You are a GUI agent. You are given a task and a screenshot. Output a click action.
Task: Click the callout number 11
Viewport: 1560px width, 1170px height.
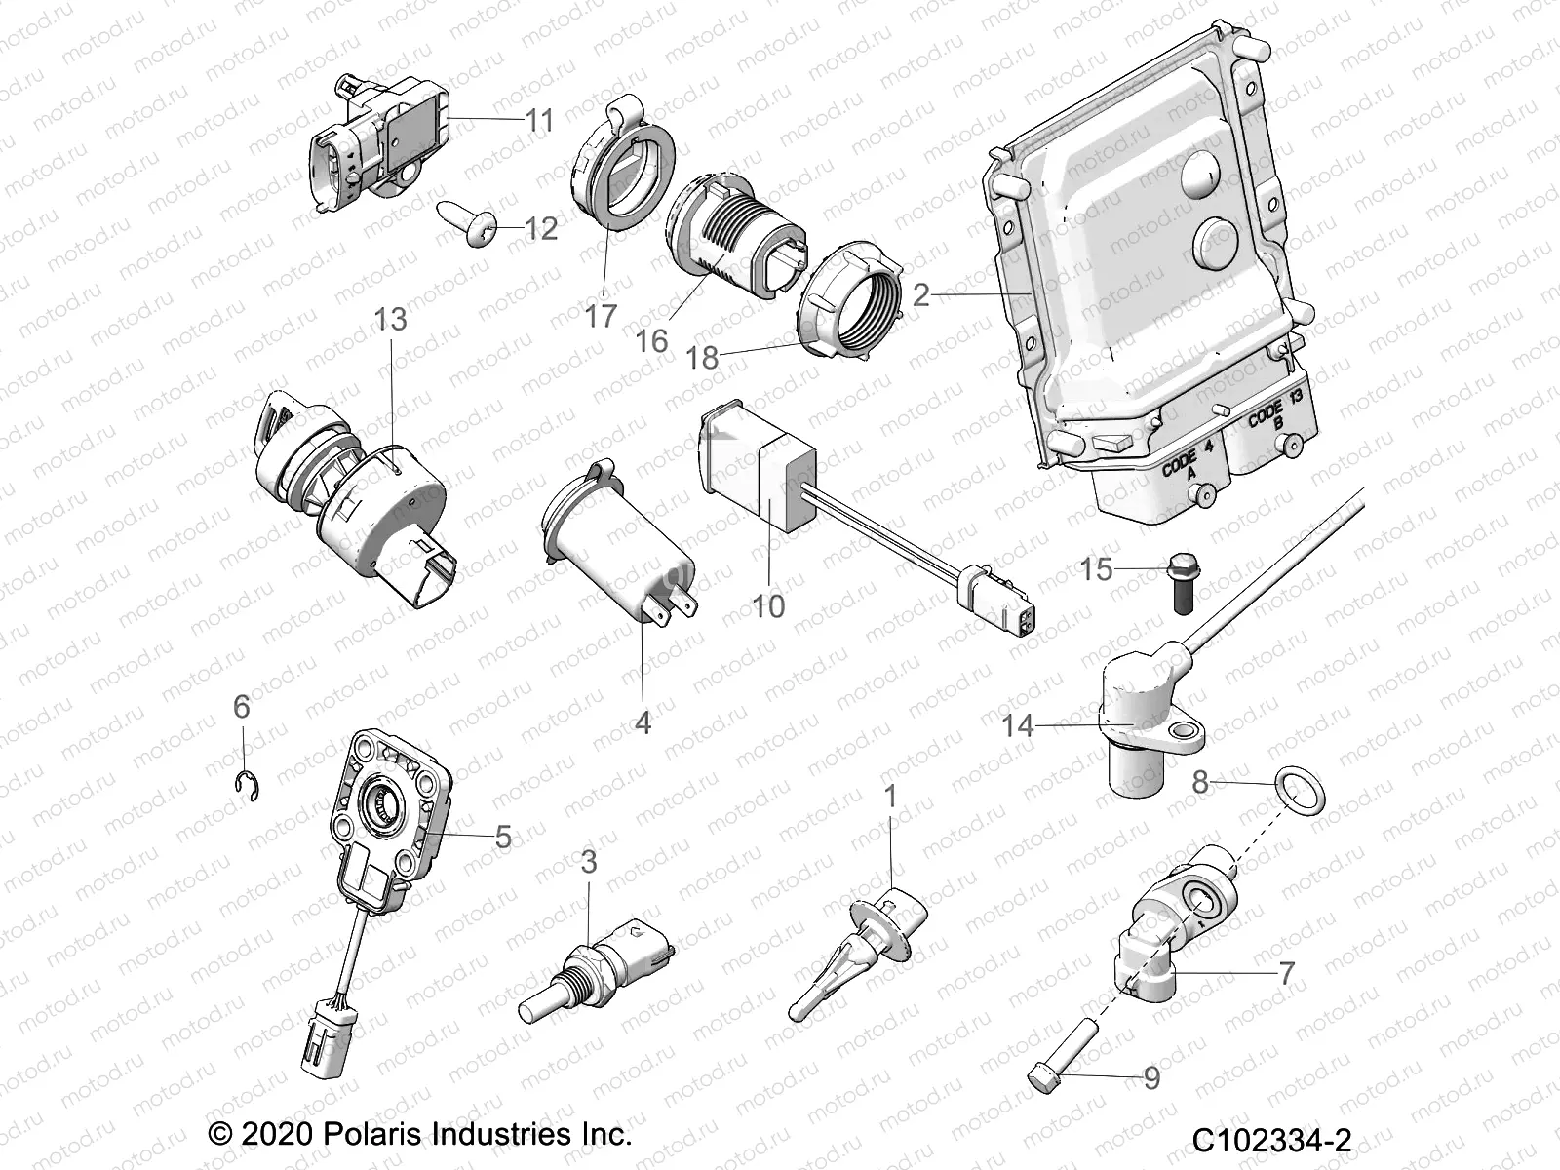click(539, 121)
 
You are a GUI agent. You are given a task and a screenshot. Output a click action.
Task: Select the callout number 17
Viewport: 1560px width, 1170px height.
click(602, 317)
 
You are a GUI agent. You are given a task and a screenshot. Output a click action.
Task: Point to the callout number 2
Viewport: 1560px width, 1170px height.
click(920, 293)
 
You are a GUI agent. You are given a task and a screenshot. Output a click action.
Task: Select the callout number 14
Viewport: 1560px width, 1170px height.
click(1017, 725)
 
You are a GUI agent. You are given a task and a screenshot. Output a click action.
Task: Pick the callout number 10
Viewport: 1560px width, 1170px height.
click(768, 605)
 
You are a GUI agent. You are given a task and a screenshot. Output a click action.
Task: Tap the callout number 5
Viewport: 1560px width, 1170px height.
click(503, 837)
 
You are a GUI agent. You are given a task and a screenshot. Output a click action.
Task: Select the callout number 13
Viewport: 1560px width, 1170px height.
click(390, 320)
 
